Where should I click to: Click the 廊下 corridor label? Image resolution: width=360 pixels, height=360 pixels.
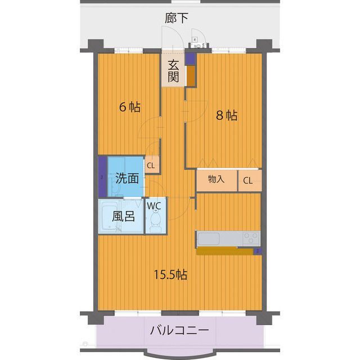tap(177, 19)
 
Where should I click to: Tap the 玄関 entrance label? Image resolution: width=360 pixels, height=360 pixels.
tap(173, 70)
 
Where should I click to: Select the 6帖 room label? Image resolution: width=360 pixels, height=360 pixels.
tap(129, 107)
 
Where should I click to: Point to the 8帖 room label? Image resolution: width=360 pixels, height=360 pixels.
tap(227, 115)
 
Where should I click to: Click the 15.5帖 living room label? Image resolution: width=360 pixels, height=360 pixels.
tap(171, 275)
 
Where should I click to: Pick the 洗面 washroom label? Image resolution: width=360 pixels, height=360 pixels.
tap(127, 179)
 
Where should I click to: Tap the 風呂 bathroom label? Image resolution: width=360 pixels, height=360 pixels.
tap(123, 216)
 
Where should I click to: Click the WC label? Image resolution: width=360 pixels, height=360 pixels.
tap(154, 206)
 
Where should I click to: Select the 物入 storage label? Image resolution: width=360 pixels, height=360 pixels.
tap(216, 180)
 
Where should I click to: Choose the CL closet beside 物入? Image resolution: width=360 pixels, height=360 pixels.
tap(248, 181)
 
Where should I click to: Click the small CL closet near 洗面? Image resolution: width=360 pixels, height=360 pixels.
tap(151, 165)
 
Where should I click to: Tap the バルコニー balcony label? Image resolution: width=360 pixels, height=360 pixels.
tap(179, 330)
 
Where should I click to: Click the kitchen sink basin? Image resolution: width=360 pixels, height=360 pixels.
tap(209, 238)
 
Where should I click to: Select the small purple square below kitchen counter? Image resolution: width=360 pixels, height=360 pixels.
tap(257, 251)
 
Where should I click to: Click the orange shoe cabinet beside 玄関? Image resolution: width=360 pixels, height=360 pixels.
tap(191, 76)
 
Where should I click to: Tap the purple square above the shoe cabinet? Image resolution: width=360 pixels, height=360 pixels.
tap(190, 57)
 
